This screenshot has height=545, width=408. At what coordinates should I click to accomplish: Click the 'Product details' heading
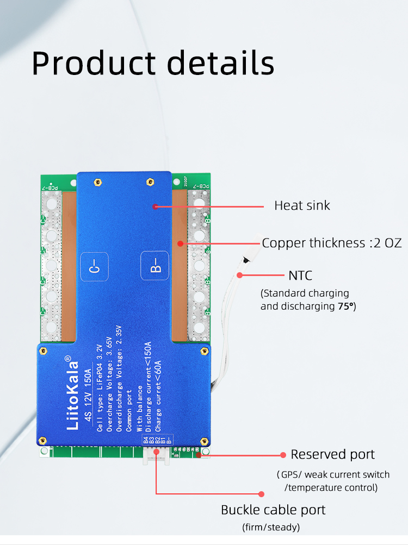point(153,63)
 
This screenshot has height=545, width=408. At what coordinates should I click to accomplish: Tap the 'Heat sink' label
point(302,205)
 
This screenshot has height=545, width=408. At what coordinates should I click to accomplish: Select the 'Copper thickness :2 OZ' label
point(332,243)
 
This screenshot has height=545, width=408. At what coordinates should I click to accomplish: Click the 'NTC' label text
point(301,275)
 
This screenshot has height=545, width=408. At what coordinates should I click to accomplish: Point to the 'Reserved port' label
point(333,454)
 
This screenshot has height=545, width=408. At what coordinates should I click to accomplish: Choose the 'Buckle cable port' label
point(273,510)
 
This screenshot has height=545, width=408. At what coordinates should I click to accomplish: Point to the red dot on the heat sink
point(156,206)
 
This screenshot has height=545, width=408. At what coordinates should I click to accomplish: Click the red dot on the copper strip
point(180,243)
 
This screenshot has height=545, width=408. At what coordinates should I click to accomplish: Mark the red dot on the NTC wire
point(239,275)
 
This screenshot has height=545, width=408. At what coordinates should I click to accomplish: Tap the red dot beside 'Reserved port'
point(283,454)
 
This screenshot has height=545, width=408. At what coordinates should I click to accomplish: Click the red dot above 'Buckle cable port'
point(261,494)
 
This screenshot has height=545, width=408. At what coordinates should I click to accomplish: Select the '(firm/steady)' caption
point(271,527)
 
